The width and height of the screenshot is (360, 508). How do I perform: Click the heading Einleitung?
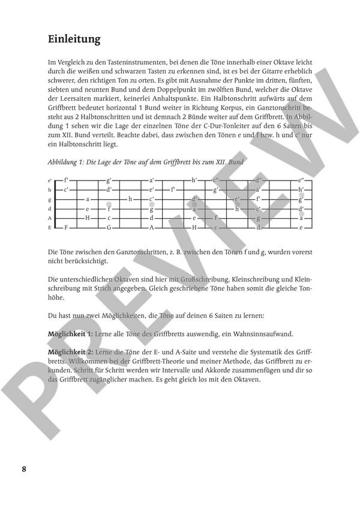[x=74, y=40]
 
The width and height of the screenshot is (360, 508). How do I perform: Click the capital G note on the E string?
[x=109, y=228]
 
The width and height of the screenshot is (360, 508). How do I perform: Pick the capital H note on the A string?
[x=88, y=218]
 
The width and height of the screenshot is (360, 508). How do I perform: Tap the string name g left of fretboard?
[x=50, y=199]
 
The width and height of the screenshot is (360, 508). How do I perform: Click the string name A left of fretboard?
[x=50, y=218]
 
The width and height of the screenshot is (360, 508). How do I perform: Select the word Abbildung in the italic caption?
[x=62, y=163]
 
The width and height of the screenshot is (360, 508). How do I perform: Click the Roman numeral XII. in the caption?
[x=219, y=163]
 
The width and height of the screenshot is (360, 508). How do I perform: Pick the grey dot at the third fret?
[x=109, y=205]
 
